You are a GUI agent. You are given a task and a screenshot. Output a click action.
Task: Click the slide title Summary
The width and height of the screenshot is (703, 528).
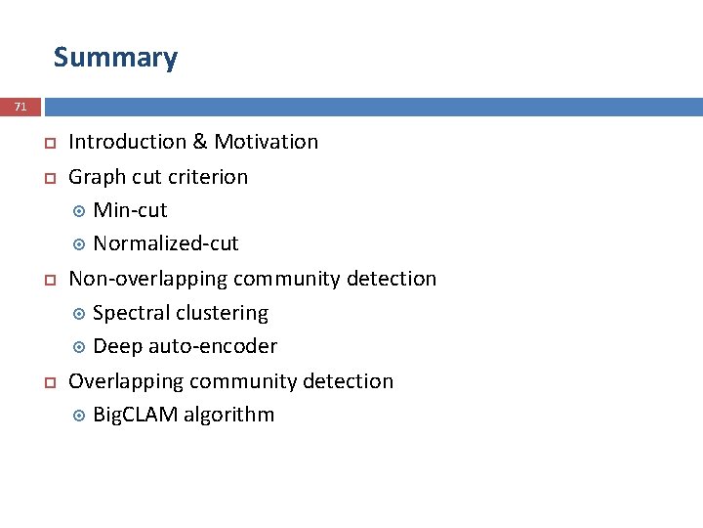(115, 58)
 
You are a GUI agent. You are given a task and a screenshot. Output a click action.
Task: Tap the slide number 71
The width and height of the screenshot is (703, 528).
(21, 106)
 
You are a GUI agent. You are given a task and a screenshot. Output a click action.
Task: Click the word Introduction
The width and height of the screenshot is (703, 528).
(127, 142)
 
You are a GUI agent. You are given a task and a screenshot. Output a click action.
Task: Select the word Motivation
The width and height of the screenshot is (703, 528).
(266, 142)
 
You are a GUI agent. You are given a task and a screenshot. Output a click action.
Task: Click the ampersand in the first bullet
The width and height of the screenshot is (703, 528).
(200, 142)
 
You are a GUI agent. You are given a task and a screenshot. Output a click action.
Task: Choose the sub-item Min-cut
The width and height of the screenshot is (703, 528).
(130, 210)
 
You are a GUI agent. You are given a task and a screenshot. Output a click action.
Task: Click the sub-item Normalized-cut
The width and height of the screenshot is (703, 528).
(165, 243)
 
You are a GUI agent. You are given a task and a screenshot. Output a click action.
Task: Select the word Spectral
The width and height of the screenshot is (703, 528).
(132, 313)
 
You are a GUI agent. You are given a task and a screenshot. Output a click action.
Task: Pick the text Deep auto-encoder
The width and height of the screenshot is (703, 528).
(185, 346)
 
